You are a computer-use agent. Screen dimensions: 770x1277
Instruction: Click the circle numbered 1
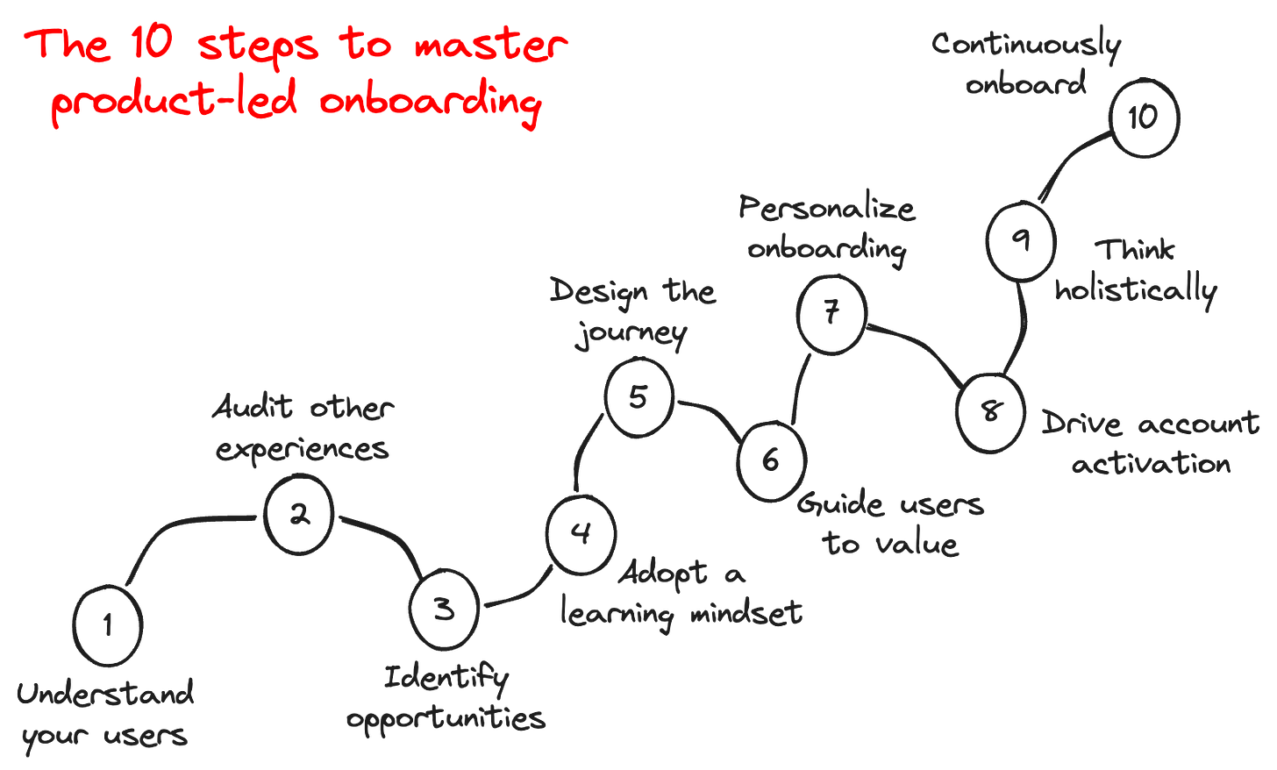tap(108, 624)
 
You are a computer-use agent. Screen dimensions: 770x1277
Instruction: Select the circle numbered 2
tap(299, 515)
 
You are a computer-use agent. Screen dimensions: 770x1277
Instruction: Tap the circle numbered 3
tap(445, 609)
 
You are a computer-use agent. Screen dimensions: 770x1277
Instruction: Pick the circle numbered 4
tap(581, 534)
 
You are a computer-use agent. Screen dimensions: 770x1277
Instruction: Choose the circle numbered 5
tap(638, 397)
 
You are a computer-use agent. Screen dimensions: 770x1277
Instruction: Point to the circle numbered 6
tap(770, 459)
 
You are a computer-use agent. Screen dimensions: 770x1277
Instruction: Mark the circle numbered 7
tap(832, 313)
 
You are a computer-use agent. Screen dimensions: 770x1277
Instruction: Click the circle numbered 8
tap(991, 411)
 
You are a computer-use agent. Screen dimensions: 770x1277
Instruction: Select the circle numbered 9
tap(1020, 240)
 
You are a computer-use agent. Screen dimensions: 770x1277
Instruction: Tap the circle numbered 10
tap(1143, 118)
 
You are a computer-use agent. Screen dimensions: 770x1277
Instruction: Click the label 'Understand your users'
tap(105, 715)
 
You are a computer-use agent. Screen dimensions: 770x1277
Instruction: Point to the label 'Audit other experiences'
tap(303, 428)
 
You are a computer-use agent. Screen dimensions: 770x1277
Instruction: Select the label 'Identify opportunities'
tap(446, 698)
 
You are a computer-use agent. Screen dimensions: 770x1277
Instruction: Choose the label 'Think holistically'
tap(1137, 270)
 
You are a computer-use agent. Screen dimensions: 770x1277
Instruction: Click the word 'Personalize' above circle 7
tap(827, 210)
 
